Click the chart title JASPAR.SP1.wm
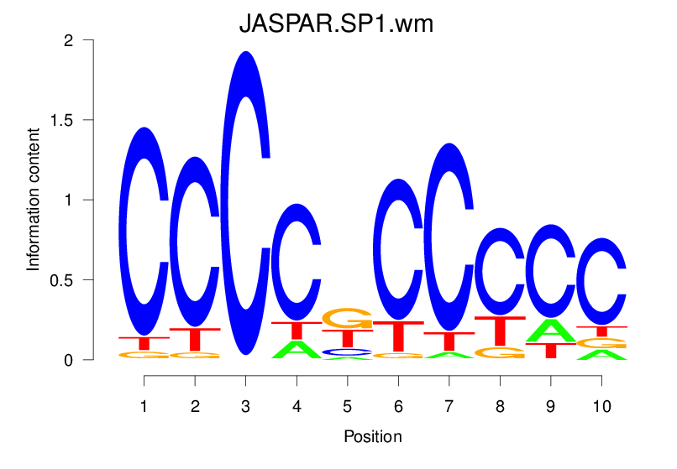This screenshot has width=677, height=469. [x=336, y=24]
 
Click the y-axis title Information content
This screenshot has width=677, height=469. [x=34, y=199]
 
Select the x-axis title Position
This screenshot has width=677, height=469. [x=372, y=436]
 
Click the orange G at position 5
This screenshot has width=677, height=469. [x=347, y=319]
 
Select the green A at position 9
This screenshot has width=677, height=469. [x=550, y=331]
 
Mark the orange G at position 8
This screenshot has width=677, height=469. [x=500, y=352]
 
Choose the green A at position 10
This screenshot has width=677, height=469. [x=601, y=355]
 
